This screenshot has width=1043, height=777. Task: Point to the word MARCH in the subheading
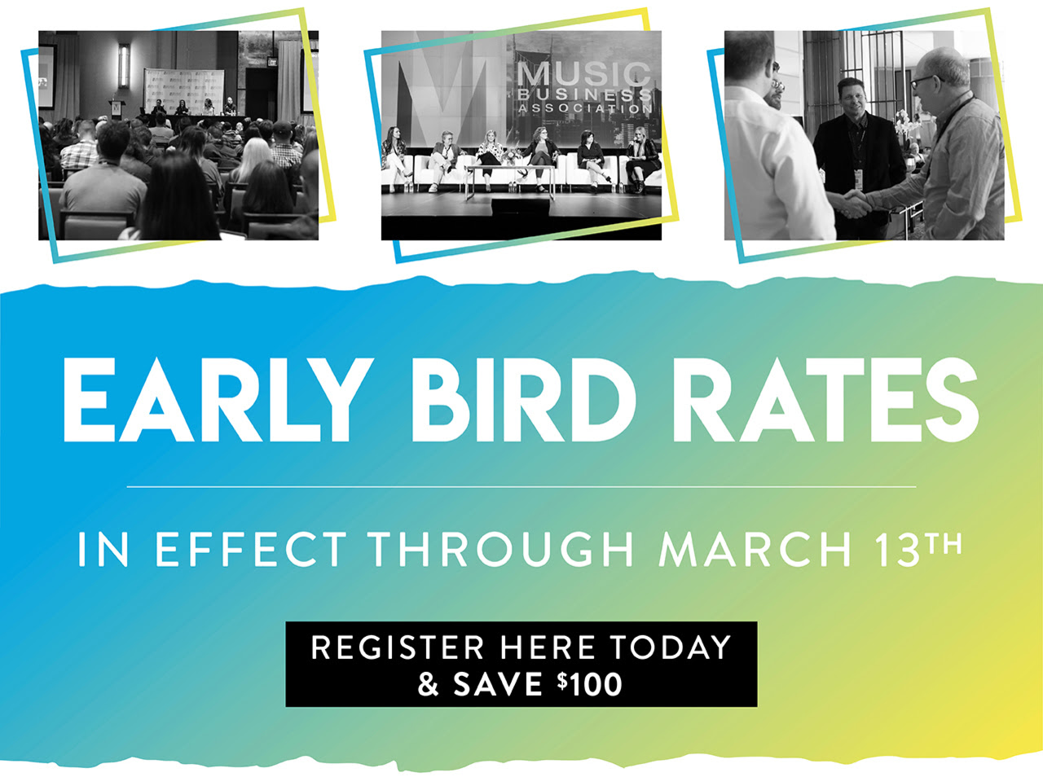[x=755, y=549]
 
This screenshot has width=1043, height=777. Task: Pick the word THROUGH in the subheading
[x=501, y=549]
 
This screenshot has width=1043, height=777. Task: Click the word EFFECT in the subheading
[x=251, y=549]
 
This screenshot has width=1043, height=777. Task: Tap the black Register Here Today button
[x=521, y=664]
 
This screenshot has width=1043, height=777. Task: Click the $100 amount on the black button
[x=590, y=683]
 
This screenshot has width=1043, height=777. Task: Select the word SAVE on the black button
[x=498, y=684]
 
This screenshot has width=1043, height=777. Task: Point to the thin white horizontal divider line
[x=521, y=487]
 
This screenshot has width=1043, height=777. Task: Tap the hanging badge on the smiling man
[x=858, y=180]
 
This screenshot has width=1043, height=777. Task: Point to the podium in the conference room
[x=116, y=108]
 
